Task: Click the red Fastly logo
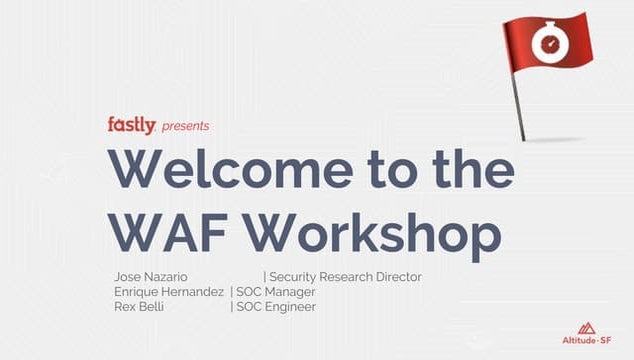click(131, 125)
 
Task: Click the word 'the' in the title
click(466, 171)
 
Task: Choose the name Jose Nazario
click(153, 277)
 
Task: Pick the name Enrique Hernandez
click(169, 292)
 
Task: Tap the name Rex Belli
click(140, 307)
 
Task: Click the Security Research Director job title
click(345, 277)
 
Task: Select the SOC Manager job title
click(276, 292)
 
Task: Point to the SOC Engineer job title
click(276, 307)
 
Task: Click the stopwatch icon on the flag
click(549, 41)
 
